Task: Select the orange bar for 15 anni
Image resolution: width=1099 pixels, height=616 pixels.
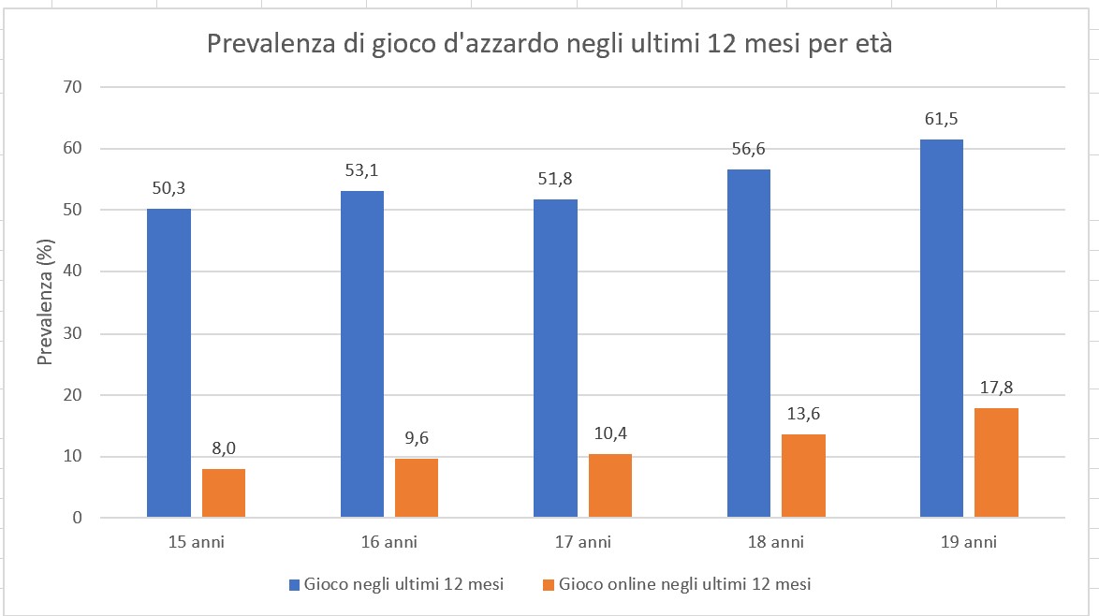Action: (224, 492)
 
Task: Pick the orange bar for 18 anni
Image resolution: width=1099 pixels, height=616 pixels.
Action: (803, 476)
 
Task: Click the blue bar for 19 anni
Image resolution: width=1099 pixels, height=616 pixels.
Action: (942, 328)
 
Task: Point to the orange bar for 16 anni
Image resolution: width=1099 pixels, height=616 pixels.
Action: (417, 488)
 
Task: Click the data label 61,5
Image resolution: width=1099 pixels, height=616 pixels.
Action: (942, 120)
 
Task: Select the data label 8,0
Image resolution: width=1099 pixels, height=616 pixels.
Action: (224, 448)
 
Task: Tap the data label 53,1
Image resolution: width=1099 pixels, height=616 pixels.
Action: (362, 170)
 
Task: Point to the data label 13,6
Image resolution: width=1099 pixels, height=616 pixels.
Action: (803, 414)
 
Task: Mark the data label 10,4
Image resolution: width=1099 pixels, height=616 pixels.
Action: (610, 433)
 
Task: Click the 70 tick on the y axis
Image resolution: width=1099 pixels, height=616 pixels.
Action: (73, 87)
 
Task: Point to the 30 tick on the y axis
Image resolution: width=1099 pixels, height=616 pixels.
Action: (73, 333)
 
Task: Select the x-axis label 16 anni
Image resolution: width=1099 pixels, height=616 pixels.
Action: (389, 542)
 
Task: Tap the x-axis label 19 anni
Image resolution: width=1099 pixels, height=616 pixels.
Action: (969, 542)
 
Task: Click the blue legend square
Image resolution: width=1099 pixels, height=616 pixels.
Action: (295, 585)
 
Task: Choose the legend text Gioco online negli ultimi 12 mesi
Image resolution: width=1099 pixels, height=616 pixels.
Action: (684, 584)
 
